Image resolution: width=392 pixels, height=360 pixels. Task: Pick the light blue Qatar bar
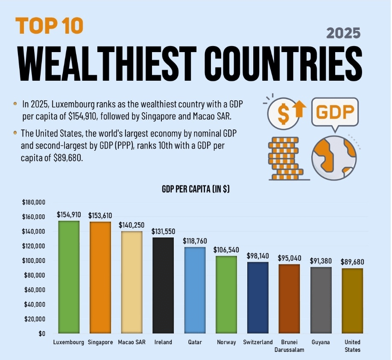pos(195,290)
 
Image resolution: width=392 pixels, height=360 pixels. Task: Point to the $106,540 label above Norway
pos(226,249)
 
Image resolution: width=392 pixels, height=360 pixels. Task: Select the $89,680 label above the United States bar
pos(352,262)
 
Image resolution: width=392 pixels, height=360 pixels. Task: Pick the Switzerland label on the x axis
pos(257,342)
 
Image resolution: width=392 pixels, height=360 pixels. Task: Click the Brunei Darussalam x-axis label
pos(290,346)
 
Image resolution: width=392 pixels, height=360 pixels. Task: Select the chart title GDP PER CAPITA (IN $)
pos(196,190)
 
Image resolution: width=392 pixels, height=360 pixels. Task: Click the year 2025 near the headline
pos(343,33)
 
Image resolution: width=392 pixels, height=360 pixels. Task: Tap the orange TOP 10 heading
pos(49,26)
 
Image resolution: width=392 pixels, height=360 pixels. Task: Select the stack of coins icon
pos(284,158)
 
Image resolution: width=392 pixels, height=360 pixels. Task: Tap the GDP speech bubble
pos(335,112)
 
